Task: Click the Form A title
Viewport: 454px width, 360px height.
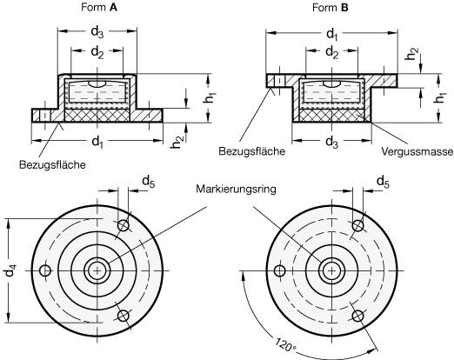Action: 99,8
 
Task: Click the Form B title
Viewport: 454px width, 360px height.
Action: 330,8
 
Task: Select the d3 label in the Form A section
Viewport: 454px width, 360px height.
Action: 97,32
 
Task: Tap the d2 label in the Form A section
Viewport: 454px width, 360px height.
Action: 97,52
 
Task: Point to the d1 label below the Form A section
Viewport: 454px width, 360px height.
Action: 97,142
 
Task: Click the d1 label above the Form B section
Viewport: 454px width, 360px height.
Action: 332,35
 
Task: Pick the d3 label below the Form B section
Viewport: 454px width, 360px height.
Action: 332,143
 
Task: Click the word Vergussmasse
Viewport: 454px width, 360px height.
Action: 417,151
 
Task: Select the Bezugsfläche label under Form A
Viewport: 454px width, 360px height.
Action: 52,164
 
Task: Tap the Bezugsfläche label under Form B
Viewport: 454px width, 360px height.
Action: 252,151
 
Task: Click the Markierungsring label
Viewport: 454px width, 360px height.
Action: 236,190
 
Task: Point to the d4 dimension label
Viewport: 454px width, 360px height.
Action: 10,270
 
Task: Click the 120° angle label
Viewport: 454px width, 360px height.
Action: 285,344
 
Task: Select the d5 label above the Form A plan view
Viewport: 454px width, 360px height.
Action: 149,182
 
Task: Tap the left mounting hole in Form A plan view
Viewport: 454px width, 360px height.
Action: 45,270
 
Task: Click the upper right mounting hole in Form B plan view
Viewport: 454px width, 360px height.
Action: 358,225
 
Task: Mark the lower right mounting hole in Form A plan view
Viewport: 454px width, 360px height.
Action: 124,316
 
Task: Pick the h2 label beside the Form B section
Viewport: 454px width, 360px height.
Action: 412,54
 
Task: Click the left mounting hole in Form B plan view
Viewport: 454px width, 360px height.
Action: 280,270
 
